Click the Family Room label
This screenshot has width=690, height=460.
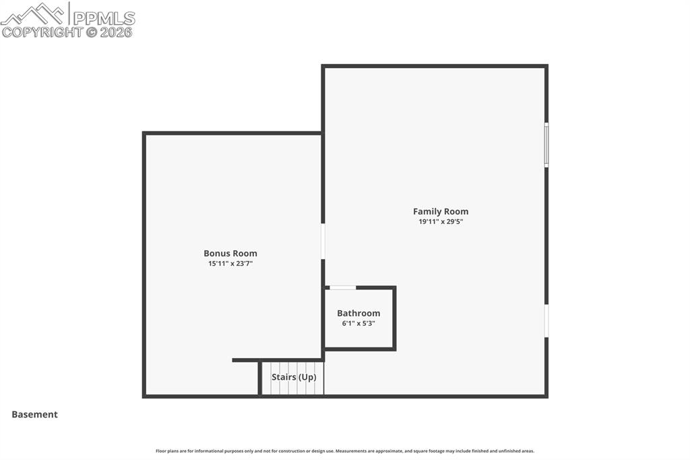click(441, 211)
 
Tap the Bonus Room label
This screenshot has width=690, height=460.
click(230, 254)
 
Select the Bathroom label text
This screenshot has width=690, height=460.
click(358, 313)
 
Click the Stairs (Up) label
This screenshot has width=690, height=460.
click(294, 377)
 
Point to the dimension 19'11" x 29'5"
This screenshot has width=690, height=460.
click(441, 221)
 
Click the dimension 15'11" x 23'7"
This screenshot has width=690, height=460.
click(230, 264)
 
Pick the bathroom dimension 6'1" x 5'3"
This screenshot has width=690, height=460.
click(358, 323)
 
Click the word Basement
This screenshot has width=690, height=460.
click(34, 415)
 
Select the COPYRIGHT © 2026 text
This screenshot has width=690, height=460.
click(67, 32)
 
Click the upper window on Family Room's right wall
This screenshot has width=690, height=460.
click(546, 144)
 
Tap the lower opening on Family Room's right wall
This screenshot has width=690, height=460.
click(546, 320)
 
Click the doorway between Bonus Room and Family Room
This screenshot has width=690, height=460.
click(323, 241)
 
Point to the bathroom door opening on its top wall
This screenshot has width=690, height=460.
click(342, 288)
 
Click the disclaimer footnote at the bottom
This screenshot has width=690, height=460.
click(345, 451)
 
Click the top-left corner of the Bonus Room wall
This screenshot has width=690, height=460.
click(144, 134)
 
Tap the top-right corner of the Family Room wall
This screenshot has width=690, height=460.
click(546, 66)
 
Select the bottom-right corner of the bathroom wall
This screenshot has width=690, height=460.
click(394, 349)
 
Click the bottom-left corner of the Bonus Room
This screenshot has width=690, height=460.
click(144, 396)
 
